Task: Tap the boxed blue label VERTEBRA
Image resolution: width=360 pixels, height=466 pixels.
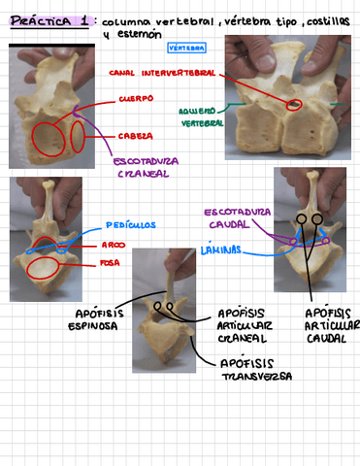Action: click(185, 47)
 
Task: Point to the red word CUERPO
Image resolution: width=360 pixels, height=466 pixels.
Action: click(136, 99)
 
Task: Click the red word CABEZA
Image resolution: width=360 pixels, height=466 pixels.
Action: click(134, 136)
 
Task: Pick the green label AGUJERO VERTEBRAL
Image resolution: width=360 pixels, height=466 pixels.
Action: click(202, 116)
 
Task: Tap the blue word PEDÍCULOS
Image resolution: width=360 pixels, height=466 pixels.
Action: click(130, 224)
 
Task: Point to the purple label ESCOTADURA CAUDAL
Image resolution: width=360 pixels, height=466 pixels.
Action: click(236, 217)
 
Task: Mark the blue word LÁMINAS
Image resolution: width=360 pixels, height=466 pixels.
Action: click(220, 250)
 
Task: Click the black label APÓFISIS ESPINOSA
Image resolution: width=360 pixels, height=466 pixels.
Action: click(96, 319)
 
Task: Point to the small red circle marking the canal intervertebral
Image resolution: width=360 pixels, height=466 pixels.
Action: click(294, 103)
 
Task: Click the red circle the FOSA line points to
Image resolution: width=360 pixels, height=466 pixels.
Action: click(42, 267)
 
